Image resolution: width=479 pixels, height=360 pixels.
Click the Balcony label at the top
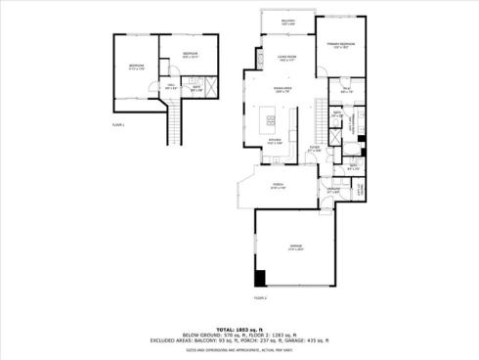click(287, 22)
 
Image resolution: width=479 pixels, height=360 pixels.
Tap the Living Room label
click(285, 58)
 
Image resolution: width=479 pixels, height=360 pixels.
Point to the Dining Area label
click(283, 90)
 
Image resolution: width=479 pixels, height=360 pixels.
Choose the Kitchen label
click(277, 142)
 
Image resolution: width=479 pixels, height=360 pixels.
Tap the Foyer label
click(314, 150)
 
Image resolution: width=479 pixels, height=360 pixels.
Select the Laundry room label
click(332, 190)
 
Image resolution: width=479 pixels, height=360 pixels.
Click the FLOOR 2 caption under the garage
click(260, 295)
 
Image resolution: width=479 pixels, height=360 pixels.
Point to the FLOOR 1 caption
click(119, 125)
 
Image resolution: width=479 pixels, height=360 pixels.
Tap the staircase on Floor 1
click(176, 122)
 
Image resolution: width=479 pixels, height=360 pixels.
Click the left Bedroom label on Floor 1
click(136, 67)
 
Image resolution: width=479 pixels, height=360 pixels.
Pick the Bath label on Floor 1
click(196, 88)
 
